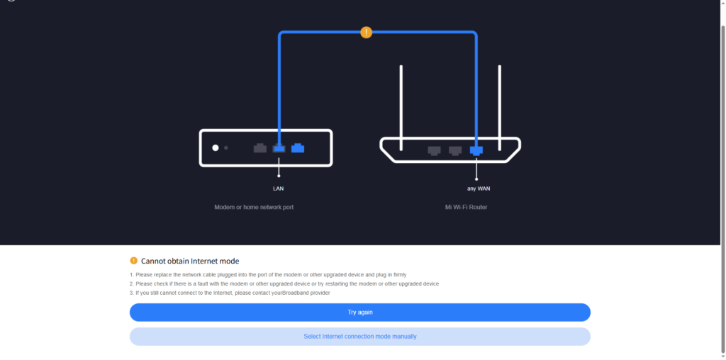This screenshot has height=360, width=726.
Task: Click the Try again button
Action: (359, 313)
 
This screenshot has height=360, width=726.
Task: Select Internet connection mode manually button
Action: (359, 337)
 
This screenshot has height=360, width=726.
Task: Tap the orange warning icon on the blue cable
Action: (367, 33)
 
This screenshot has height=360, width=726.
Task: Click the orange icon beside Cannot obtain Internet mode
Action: (134, 261)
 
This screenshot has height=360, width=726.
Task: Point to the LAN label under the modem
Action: (278, 189)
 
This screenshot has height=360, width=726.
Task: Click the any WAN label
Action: (479, 189)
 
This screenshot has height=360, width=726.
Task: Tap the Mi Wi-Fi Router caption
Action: (467, 208)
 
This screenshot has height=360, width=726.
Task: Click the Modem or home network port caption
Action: (254, 208)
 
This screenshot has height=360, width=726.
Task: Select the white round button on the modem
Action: (216, 148)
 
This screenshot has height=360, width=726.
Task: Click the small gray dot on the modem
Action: (226, 148)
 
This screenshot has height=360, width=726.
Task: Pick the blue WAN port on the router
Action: (476, 150)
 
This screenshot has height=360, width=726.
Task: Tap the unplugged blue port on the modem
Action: (298, 148)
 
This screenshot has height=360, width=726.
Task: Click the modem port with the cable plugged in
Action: (279, 148)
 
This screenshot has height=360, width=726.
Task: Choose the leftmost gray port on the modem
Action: (260, 148)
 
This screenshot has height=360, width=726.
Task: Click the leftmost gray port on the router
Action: (435, 151)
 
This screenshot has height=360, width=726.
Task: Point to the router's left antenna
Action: (401, 108)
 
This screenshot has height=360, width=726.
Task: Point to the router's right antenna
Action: (500, 108)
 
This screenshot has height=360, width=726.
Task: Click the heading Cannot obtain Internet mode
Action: (190, 261)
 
